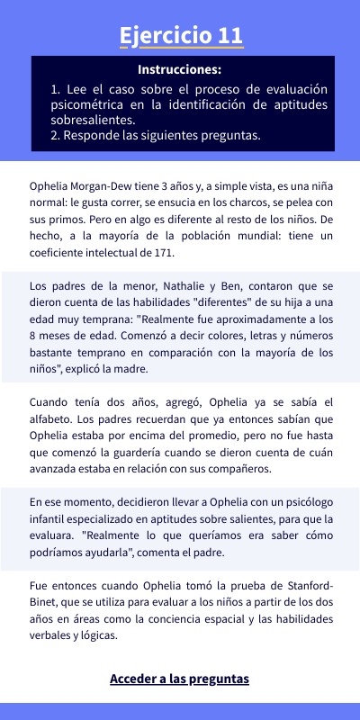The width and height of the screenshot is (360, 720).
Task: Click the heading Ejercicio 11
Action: (x=180, y=35)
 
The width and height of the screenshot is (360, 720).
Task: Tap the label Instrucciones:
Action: (x=180, y=69)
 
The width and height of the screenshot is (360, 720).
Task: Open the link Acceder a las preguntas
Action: (x=179, y=679)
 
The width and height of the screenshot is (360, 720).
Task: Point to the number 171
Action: (x=160, y=253)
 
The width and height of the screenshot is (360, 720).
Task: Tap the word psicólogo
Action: (x=274, y=502)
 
